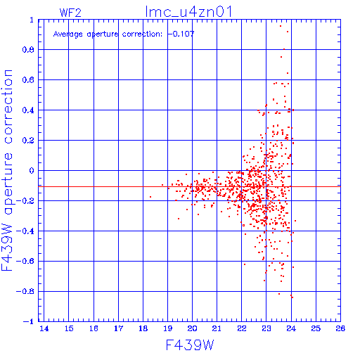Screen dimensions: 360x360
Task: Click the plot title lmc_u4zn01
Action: click(x=188, y=12)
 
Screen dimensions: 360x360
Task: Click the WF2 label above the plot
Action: click(x=70, y=13)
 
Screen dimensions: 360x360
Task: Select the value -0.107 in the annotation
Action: click(x=181, y=34)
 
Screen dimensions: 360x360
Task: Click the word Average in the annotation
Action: click(x=68, y=34)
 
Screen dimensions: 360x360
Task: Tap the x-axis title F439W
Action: click(x=190, y=345)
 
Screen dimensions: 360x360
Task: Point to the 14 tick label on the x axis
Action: click(x=44, y=328)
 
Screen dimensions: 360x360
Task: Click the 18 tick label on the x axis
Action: click(x=143, y=328)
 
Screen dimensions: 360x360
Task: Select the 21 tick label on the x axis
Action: click(x=217, y=328)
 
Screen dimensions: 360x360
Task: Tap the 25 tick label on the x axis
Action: click(x=316, y=328)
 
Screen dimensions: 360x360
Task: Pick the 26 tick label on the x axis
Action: click(x=340, y=328)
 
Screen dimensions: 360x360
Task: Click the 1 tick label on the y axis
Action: click(x=32, y=20)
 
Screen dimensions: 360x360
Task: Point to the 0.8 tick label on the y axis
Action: click(x=28, y=50)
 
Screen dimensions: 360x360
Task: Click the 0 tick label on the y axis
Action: click(x=32, y=170)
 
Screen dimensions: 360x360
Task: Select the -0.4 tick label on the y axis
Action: click(x=25, y=231)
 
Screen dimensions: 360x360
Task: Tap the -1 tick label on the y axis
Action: click(x=29, y=321)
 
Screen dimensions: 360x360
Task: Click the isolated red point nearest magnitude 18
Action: click(x=150, y=197)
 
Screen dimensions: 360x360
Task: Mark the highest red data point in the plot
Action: click(x=281, y=26)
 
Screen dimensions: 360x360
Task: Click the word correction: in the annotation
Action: click(x=142, y=34)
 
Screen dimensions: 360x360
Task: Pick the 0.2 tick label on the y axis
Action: click(x=28, y=140)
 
